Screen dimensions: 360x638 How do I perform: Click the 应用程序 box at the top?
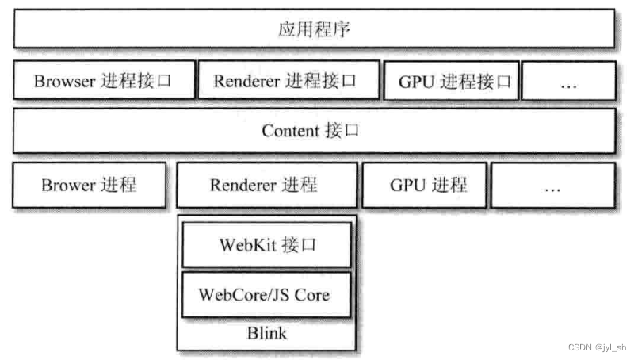point(315,29)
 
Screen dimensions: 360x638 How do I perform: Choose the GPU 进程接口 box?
point(450,81)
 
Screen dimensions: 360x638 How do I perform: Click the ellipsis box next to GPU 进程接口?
point(568,81)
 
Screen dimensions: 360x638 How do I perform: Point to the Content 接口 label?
point(311,131)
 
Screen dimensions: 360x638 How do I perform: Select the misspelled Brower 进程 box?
point(89,186)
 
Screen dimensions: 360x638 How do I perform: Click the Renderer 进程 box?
point(264,186)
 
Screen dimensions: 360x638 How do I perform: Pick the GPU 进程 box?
point(424,186)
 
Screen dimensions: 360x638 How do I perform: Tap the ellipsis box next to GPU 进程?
point(552,186)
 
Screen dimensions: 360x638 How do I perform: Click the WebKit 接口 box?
point(267,244)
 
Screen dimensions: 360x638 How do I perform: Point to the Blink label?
point(266,333)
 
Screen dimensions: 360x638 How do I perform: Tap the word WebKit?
point(246,244)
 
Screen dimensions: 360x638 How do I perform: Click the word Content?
point(290,131)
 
